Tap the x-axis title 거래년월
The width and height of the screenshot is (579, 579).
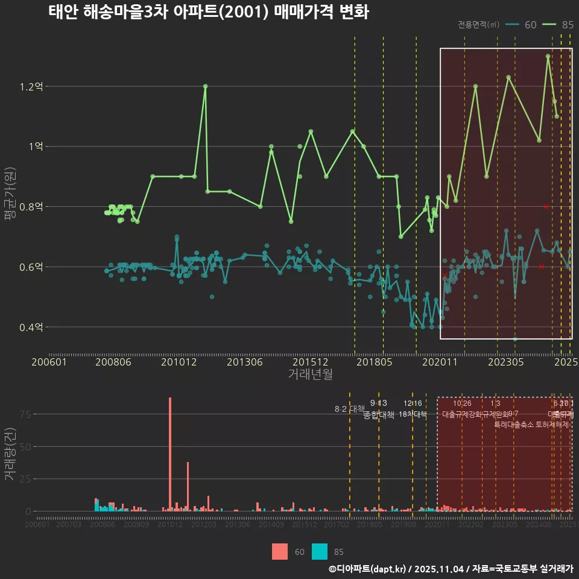tap(310, 375)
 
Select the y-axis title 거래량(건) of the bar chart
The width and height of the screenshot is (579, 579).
tap(10, 454)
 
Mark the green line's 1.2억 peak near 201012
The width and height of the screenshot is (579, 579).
tap(205, 86)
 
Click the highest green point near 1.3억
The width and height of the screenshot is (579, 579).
tap(548, 56)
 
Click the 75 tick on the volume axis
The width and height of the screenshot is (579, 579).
tap(25, 414)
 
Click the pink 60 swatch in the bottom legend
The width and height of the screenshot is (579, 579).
tap(280, 551)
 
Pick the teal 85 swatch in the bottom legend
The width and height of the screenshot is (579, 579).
tap(320, 551)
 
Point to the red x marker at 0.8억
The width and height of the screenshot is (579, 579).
tap(546, 207)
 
